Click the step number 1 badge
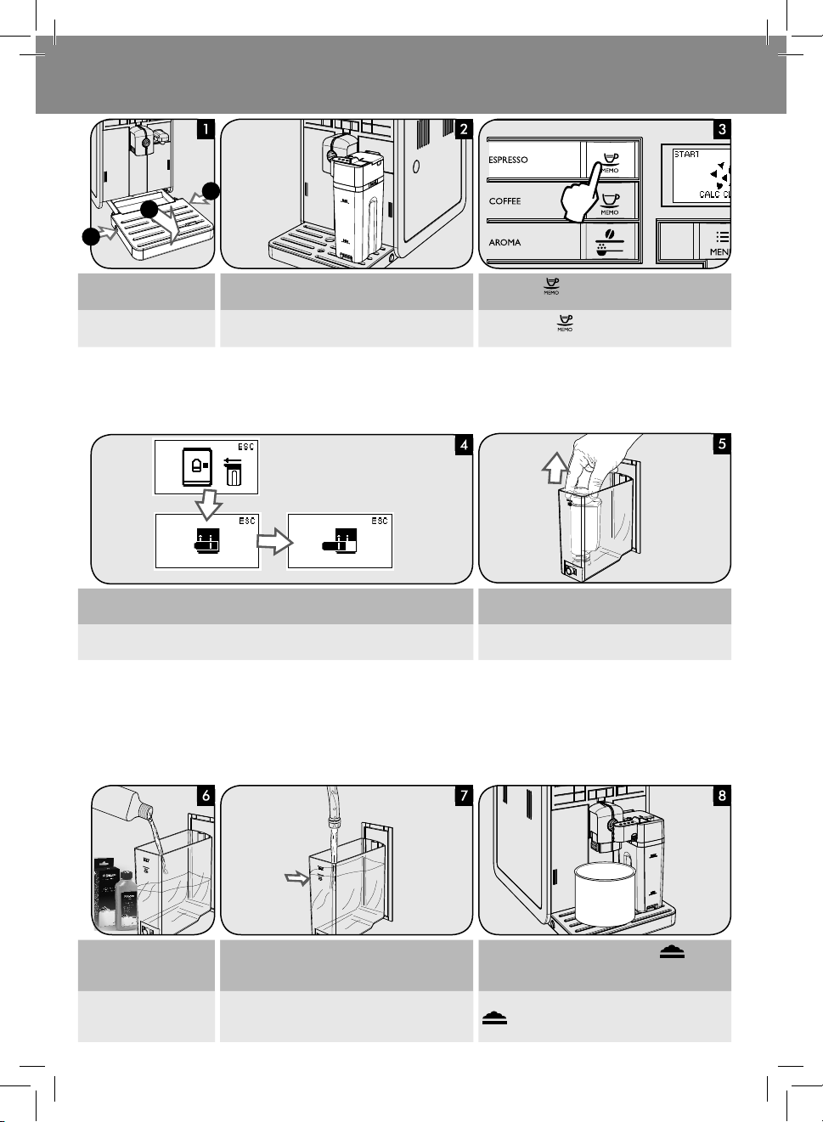coord(205,129)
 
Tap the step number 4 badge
coord(463,444)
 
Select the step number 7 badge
coord(463,796)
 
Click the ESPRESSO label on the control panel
coord(508,160)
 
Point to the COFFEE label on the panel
coord(505,201)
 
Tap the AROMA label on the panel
coord(505,243)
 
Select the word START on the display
coord(686,155)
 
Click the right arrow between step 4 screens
coord(273,542)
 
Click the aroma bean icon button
coord(610,241)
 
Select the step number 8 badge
coord(721,796)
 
